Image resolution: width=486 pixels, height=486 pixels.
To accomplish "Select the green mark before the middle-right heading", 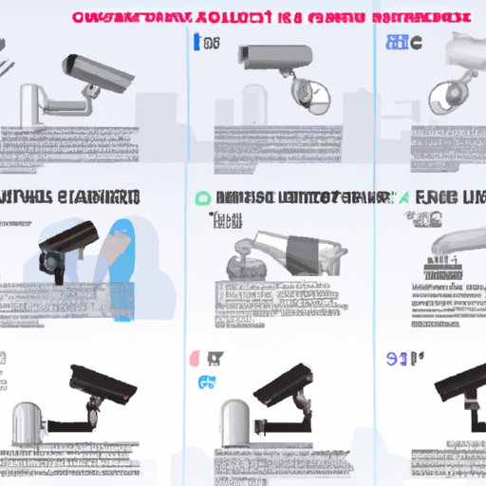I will [406, 197].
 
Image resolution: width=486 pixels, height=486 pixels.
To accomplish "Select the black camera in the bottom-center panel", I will [285, 383].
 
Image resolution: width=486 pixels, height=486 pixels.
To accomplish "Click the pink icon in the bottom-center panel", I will [194, 359].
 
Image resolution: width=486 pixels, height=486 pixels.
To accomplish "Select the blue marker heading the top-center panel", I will [196, 42].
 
